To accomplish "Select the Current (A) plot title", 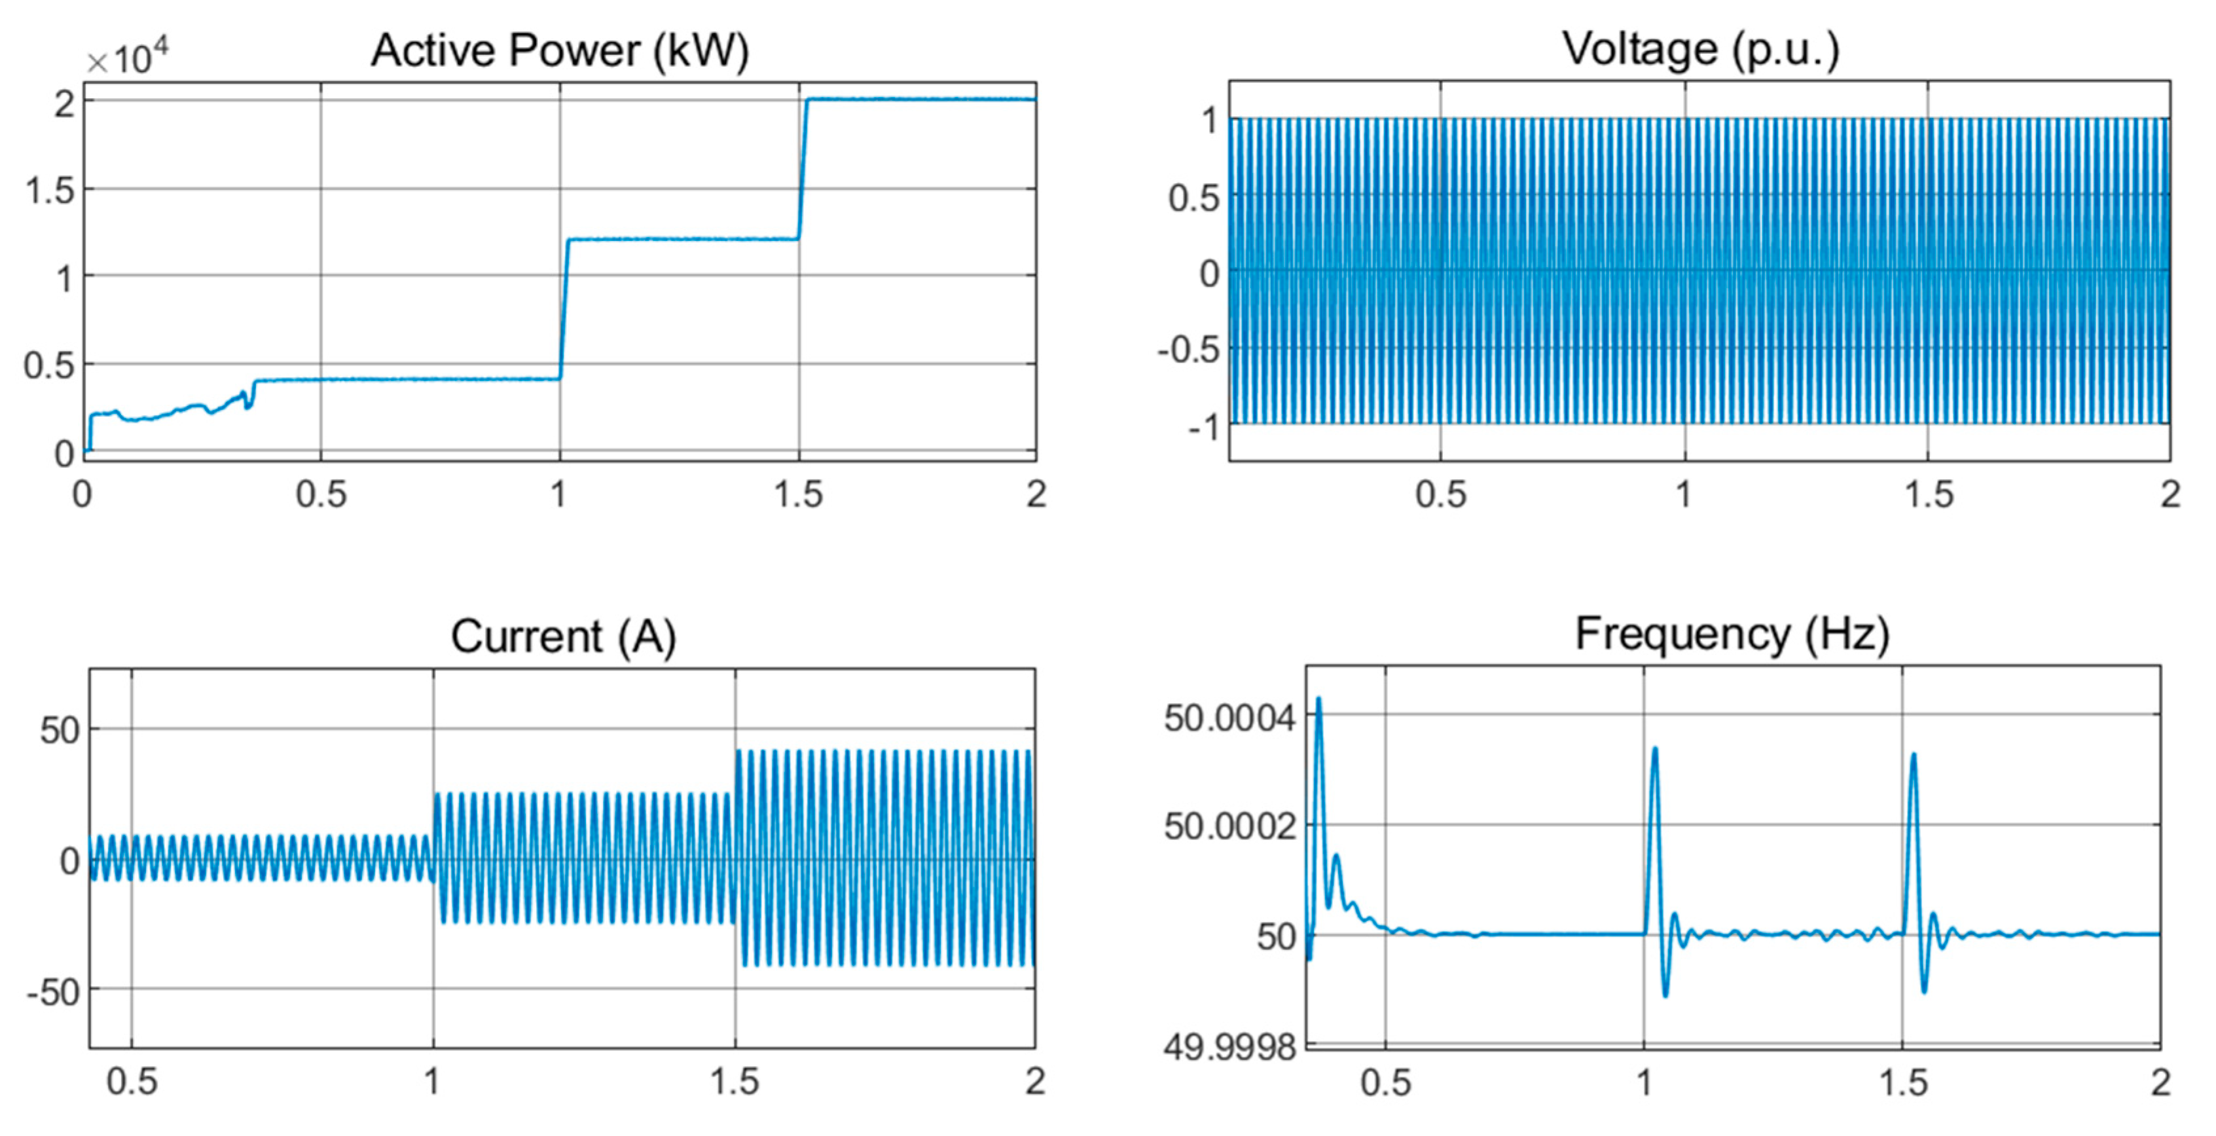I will pyautogui.click(x=564, y=637).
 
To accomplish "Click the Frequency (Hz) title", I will pyautogui.click(x=1732, y=634).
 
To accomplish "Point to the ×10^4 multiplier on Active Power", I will pyautogui.click(x=127, y=58).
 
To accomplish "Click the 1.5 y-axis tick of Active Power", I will pyautogui.click(x=50, y=190).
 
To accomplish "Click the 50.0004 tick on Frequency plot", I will pyautogui.click(x=1228, y=716).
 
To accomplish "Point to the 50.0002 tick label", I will pyautogui.click(x=1228, y=826).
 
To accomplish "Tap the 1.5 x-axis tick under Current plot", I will pyautogui.click(x=735, y=1081).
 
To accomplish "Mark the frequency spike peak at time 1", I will pyautogui.click(x=1654, y=749).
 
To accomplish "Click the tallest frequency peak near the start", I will pyautogui.click(x=1318, y=699).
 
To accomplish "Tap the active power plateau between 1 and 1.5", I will pyautogui.click(x=680, y=239).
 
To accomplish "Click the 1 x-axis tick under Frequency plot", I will pyautogui.click(x=1644, y=1082).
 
